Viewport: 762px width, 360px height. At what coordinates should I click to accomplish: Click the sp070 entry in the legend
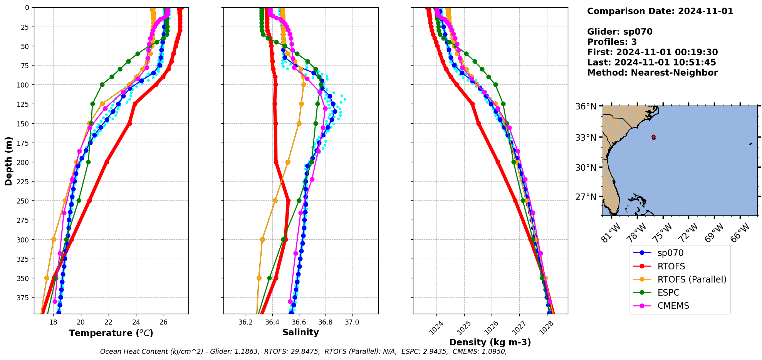[x=670, y=253]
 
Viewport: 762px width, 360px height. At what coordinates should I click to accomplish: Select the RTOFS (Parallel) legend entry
[x=692, y=279]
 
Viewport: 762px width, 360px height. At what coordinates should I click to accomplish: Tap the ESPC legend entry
[x=668, y=293]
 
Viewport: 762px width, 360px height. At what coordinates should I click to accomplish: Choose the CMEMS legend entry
[x=673, y=306]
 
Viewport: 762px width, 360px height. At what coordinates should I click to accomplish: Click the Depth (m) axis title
[x=8, y=161]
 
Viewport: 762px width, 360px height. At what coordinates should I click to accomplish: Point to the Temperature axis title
[x=111, y=333]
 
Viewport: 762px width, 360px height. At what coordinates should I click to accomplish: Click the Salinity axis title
[x=300, y=332]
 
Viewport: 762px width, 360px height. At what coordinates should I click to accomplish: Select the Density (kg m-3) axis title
[x=490, y=342]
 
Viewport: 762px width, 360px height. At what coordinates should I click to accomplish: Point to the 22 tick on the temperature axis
[x=108, y=322]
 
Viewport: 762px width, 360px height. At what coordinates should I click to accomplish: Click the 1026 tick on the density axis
[x=491, y=328]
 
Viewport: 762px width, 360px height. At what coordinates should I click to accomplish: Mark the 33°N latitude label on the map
[x=586, y=138]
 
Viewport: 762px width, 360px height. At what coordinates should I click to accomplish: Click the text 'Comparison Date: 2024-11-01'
[x=660, y=11]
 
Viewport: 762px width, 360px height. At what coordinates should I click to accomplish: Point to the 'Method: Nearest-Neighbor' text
[x=652, y=73]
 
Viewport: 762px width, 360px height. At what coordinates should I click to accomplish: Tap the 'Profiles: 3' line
[x=612, y=42]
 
